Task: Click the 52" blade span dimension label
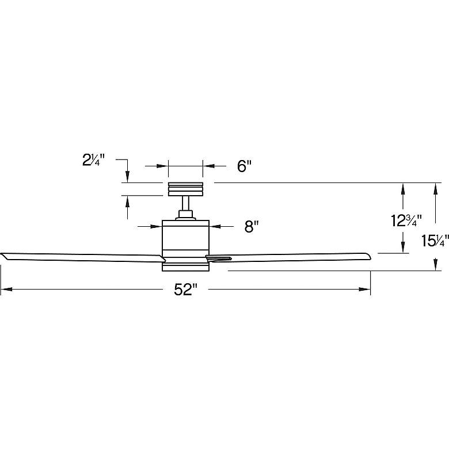(x=186, y=290)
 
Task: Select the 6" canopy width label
(x=244, y=166)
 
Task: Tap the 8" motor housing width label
(x=252, y=227)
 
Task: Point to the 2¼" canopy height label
(x=94, y=160)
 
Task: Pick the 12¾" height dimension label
(x=406, y=221)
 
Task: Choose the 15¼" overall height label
(x=435, y=241)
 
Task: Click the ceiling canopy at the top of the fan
(x=185, y=189)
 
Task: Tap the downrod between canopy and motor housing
(x=185, y=203)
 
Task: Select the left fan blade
(x=83, y=257)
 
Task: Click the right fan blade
(x=288, y=257)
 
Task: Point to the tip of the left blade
(x=1, y=254)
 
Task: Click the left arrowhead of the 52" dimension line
(x=6, y=290)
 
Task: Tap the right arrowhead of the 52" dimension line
(x=365, y=290)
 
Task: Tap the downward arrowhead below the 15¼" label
(x=436, y=265)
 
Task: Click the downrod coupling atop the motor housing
(x=185, y=215)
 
